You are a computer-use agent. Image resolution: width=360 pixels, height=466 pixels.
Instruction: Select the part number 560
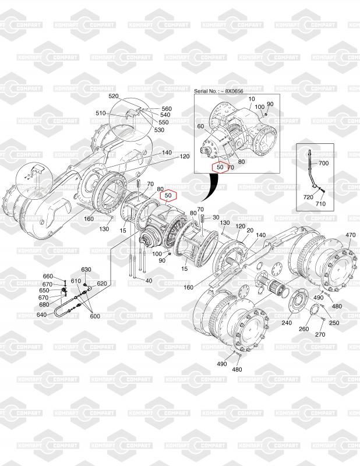point(167,109)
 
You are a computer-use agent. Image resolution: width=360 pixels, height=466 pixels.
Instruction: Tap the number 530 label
point(159,130)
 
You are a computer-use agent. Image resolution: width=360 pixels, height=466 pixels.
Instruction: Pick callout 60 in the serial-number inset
point(200,126)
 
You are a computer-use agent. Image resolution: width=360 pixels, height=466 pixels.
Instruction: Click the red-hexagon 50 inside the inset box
point(220,167)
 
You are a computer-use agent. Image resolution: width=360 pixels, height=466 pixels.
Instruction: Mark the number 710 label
point(320,204)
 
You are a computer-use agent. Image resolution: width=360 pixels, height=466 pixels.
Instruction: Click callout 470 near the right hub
point(350,235)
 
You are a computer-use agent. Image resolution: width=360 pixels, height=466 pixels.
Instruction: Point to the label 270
point(320,334)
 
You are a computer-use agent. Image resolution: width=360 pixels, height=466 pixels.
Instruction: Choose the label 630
point(86,270)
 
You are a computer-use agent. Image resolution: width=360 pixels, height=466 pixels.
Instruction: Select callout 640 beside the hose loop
point(41,315)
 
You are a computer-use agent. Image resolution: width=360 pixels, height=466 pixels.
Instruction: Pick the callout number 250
point(334,323)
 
